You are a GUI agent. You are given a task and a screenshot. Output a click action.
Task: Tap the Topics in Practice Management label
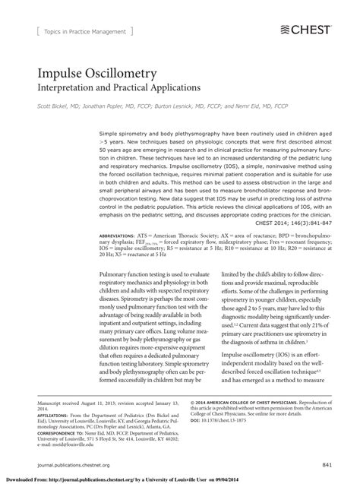[84, 31]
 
